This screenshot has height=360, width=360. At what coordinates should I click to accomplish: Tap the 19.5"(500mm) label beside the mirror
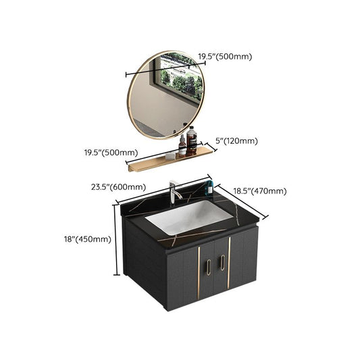224,57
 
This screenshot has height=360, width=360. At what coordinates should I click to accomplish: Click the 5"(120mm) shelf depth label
236,141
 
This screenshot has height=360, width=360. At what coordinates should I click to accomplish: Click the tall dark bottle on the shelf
192,143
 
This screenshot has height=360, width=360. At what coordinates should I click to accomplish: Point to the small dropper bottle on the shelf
182,148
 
